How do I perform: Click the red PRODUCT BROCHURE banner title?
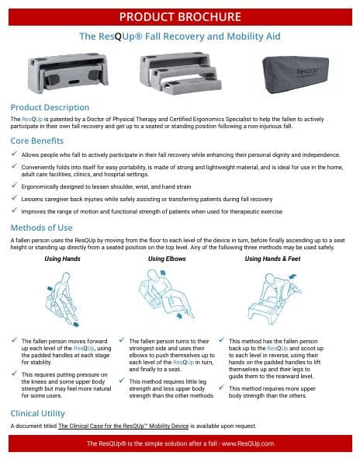(x=180, y=16)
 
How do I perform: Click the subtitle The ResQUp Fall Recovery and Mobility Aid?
(x=180, y=37)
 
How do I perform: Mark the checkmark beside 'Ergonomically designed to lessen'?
(x=15, y=186)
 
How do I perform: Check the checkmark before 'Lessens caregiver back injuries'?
(x=15, y=198)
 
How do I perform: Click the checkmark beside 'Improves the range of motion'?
(x=15, y=210)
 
